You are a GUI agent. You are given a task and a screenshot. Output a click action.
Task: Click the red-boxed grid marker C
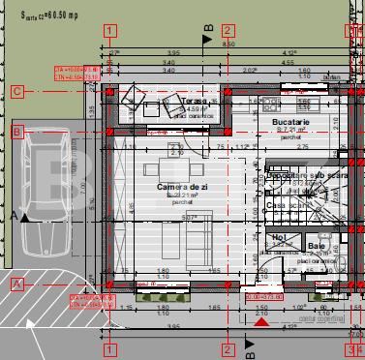click(16, 92)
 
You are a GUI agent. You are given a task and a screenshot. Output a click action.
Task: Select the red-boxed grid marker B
click(16, 131)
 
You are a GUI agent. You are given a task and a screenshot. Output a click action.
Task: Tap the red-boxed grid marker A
click(16, 284)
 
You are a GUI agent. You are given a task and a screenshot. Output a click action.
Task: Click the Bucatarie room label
click(289, 122)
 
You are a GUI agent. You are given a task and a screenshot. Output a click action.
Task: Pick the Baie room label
click(317, 247)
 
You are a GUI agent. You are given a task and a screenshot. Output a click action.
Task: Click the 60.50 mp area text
click(48, 16)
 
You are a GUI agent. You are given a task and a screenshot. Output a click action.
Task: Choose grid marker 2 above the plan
click(228, 31)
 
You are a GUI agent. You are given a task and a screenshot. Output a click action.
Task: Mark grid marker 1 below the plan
click(109, 349)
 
